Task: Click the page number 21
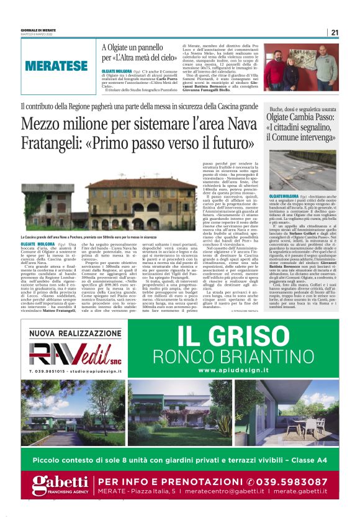tap(335, 32)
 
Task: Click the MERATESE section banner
tap(56, 65)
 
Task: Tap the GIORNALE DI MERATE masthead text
tap(40, 30)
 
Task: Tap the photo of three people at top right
tap(301, 67)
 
